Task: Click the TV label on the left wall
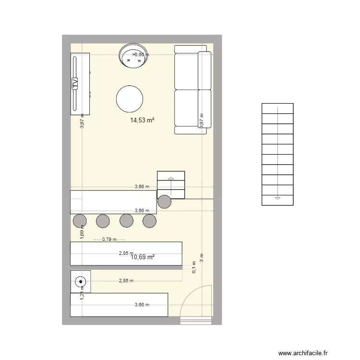coord(75,84)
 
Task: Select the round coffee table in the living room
coord(129,99)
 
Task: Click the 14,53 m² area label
coord(142,120)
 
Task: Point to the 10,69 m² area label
coord(143,257)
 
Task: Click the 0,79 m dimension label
coord(109,239)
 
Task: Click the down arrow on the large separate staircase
coord(277,198)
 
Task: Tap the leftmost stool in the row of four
coord(80,221)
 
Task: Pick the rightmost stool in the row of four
coord(150,221)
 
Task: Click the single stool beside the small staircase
coord(164,202)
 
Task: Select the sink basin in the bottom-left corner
coord(80,282)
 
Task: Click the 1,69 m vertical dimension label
coord(82,232)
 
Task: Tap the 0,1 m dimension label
coord(194,267)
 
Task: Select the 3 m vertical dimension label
coord(202,258)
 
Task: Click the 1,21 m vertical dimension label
coord(82,297)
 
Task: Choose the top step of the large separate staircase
coord(277,108)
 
